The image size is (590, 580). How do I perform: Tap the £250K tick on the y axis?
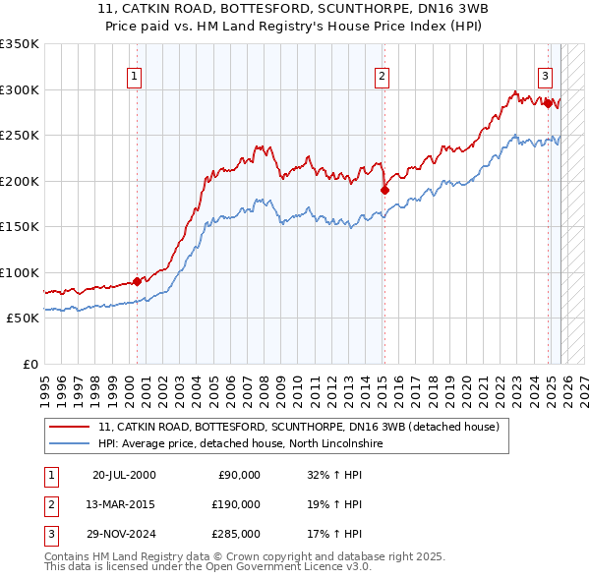19,135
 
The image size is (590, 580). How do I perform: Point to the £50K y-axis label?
22,318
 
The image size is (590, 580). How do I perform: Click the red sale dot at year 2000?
137,281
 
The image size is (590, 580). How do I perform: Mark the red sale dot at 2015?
384,190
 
